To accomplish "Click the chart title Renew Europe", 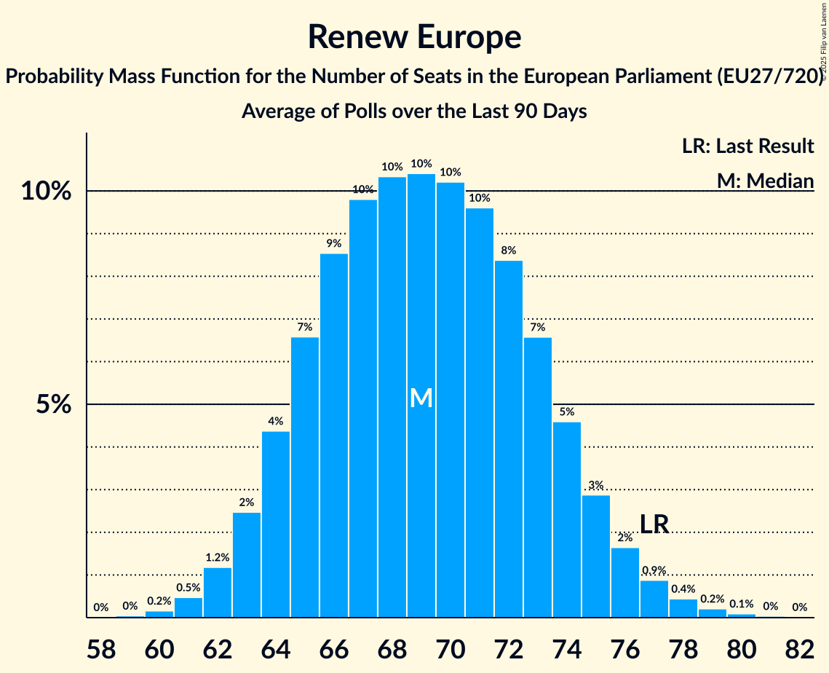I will [x=414, y=36].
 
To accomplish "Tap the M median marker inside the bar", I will [x=421, y=398].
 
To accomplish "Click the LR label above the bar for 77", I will [x=654, y=524].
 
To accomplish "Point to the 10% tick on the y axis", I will [x=47, y=192].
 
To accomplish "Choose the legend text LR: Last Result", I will [x=747, y=146].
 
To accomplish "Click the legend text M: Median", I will [x=765, y=180].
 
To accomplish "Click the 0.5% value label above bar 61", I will [x=189, y=588].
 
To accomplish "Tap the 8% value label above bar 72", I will [x=509, y=250].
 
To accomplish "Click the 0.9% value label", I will [x=654, y=570].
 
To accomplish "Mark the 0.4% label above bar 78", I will [x=683, y=589].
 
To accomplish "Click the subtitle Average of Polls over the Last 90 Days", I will [x=414, y=111].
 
